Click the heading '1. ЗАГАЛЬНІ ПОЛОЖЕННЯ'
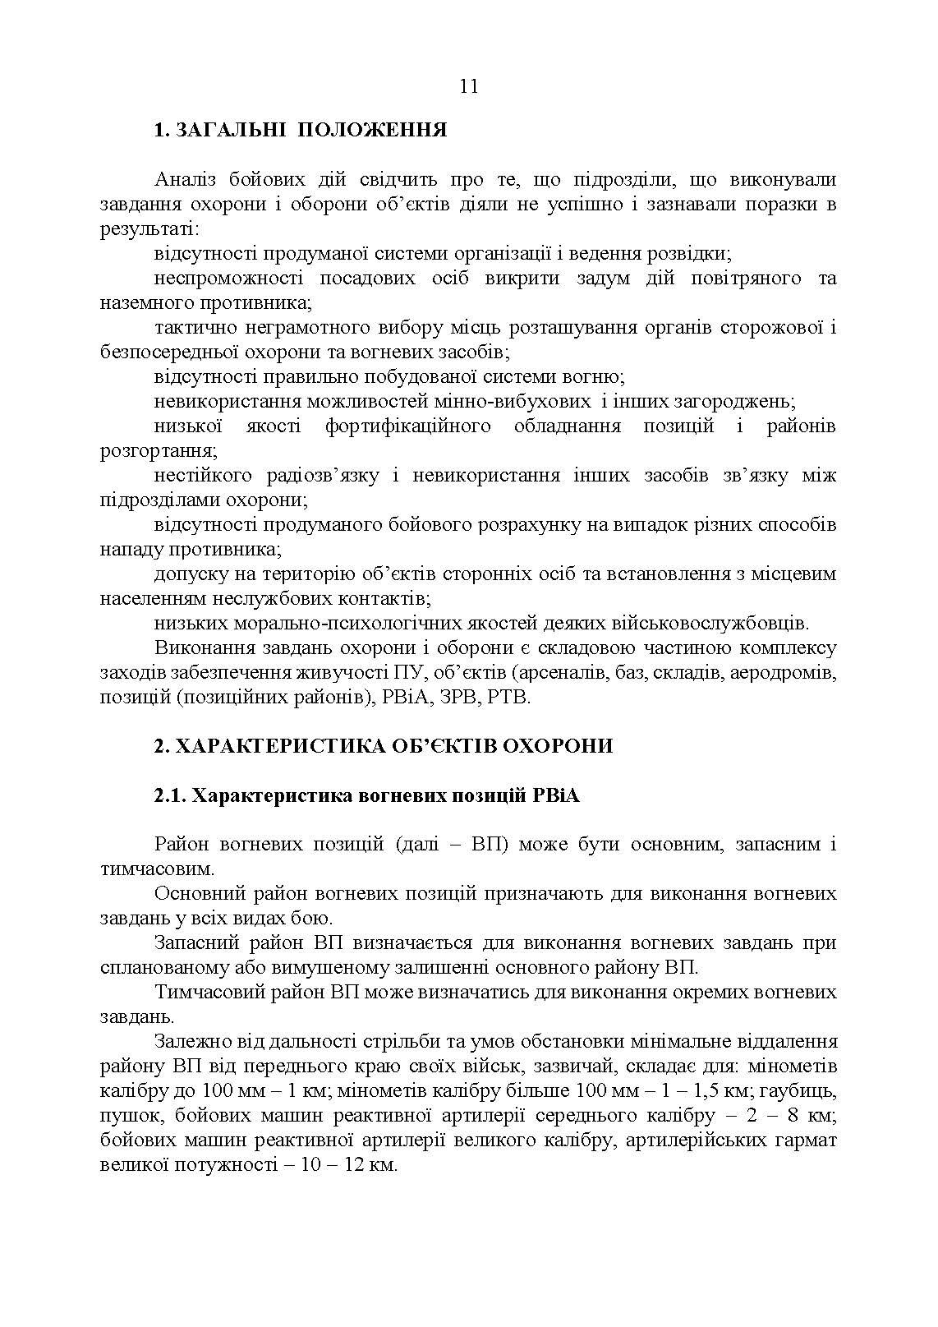[x=301, y=130]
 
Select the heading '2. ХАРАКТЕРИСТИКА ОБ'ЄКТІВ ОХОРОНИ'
[x=383, y=746]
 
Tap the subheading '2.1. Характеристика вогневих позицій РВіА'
[x=366, y=795]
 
